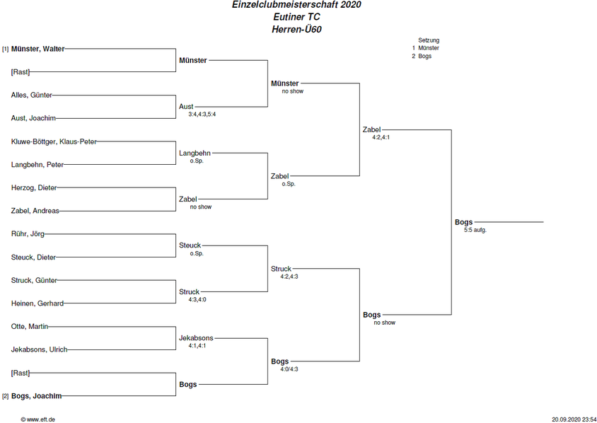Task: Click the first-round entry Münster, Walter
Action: click(x=37, y=49)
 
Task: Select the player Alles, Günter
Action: click(x=32, y=95)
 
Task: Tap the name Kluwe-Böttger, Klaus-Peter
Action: click(x=54, y=141)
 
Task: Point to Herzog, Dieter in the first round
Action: click(x=34, y=187)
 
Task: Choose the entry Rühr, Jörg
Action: click(x=28, y=234)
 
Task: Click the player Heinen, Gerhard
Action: click(x=37, y=303)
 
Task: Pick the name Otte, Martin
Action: click(x=30, y=327)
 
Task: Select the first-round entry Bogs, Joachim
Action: click(x=36, y=396)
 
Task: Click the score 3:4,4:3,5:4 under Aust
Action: click(x=202, y=114)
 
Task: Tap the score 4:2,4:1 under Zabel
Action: click(x=381, y=137)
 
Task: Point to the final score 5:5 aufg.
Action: click(x=475, y=230)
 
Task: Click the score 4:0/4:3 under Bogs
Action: click(x=289, y=369)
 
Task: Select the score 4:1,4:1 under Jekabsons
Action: click(x=197, y=346)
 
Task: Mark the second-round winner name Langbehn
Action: click(x=195, y=153)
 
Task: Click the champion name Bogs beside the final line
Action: click(x=464, y=222)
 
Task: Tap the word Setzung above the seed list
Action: click(x=429, y=40)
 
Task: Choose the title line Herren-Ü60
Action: click(x=296, y=29)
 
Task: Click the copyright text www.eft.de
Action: click(x=37, y=419)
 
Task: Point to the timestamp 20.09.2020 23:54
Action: click(x=574, y=419)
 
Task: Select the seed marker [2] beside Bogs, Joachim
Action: click(x=6, y=396)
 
